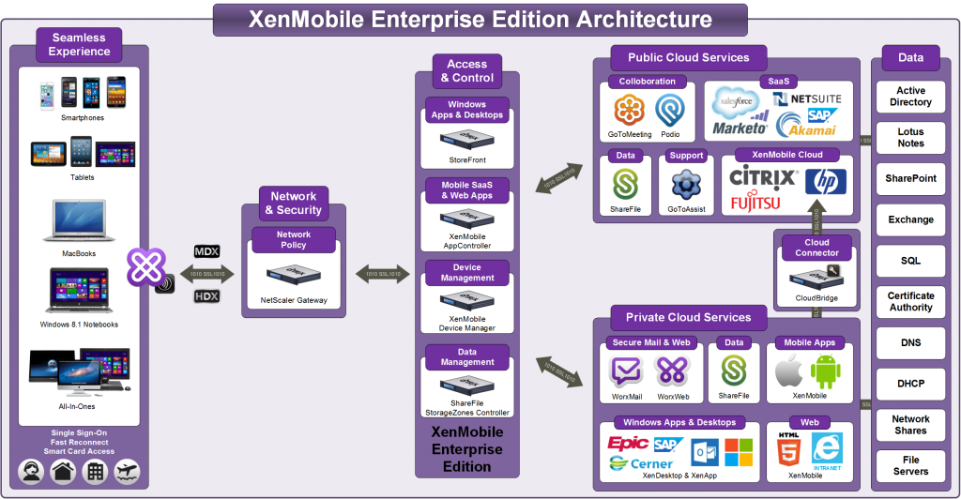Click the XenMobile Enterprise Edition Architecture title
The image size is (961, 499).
click(480, 19)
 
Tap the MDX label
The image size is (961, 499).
click(206, 251)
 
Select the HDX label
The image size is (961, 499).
click(206, 295)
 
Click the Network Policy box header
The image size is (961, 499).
click(293, 239)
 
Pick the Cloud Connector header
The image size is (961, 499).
click(816, 248)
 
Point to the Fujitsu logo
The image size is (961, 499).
click(755, 201)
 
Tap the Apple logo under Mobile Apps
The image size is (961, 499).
click(788, 370)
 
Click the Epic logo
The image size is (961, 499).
click(628, 443)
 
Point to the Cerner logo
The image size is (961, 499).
click(642, 463)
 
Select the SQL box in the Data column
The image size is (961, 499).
click(909, 260)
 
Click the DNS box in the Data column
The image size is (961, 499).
click(909, 343)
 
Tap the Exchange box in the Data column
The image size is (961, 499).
click(909, 219)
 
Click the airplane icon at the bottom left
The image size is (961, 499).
click(127, 473)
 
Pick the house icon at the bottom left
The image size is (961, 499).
click(64, 473)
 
